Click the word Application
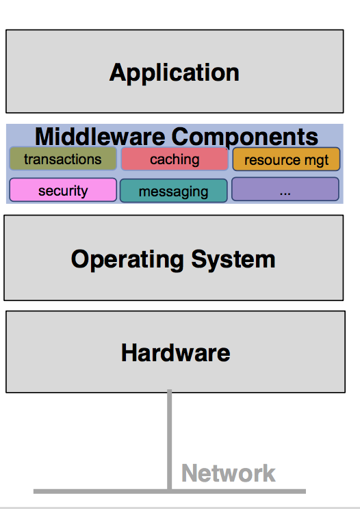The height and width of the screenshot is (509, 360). (174, 73)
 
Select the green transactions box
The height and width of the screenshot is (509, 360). (63, 159)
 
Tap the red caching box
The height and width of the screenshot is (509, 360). (175, 159)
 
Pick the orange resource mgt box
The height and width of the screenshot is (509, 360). (286, 160)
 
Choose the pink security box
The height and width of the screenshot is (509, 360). (63, 190)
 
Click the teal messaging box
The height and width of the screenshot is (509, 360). (173, 191)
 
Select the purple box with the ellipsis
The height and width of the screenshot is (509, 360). (285, 190)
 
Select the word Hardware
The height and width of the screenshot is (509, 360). (175, 353)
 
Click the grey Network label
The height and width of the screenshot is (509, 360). (228, 473)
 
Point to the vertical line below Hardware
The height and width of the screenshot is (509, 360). (169, 438)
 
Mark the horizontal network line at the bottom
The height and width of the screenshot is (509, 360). (82, 491)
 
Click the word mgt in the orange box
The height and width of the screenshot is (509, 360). (315, 161)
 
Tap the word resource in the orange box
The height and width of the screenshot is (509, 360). (272, 161)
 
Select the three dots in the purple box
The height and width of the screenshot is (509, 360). (285, 192)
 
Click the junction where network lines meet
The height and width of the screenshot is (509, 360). (169, 491)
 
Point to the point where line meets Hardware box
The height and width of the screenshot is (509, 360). (169, 393)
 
